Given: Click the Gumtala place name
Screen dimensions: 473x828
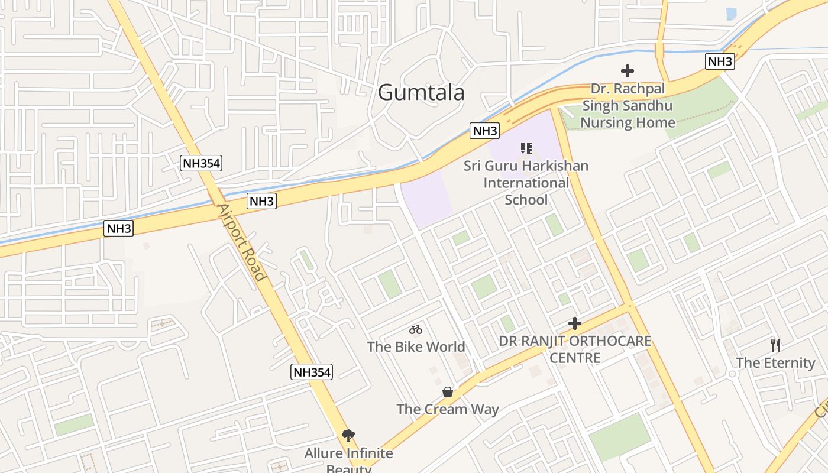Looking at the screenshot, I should click(x=421, y=93).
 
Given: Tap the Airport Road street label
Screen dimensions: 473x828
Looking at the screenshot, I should click(x=242, y=242).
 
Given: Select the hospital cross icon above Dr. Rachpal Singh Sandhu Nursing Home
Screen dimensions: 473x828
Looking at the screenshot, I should click(x=628, y=71).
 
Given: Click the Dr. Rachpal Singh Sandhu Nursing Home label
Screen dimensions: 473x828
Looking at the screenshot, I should click(x=628, y=106).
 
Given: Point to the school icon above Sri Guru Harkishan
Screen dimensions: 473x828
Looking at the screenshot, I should click(x=526, y=148).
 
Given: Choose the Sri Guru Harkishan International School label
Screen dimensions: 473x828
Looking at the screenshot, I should click(x=526, y=183).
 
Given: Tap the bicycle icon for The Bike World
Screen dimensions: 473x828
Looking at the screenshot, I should click(x=416, y=329).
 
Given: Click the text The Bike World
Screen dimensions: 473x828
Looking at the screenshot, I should click(x=416, y=346).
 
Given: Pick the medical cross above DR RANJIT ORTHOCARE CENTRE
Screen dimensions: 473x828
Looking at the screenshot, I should click(x=575, y=323).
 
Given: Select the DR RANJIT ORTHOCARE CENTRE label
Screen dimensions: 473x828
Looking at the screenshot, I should click(x=575, y=349).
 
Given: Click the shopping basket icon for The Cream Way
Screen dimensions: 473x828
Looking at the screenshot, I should click(x=448, y=392).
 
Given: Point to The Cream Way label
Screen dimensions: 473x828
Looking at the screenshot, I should click(x=448, y=409).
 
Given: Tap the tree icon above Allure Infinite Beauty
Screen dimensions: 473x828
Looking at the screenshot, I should click(x=348, y=436).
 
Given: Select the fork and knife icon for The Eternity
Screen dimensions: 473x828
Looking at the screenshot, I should click(x=775, y=345).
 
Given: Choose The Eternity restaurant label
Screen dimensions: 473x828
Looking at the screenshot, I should click(x=775, y=362).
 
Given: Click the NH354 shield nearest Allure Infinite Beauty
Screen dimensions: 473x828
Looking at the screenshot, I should click(x=312, y=372).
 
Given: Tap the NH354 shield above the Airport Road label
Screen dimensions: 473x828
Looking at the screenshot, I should click(x=201, y=164).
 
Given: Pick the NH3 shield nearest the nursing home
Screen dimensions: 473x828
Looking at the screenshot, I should click(x=720, y=61).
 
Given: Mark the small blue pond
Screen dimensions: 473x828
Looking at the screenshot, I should click(x=731, y=14).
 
